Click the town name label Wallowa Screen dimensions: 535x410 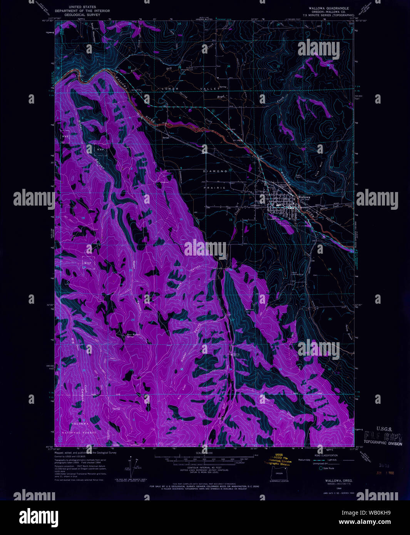point(304,197)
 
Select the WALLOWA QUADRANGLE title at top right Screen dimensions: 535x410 point(328,8)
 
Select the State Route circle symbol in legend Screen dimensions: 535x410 point(321,468)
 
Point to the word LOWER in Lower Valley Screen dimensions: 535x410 point(170,89)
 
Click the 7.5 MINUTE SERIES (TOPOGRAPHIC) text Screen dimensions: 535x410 point(328,15)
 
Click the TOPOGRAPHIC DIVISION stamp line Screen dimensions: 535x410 point(383,443)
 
